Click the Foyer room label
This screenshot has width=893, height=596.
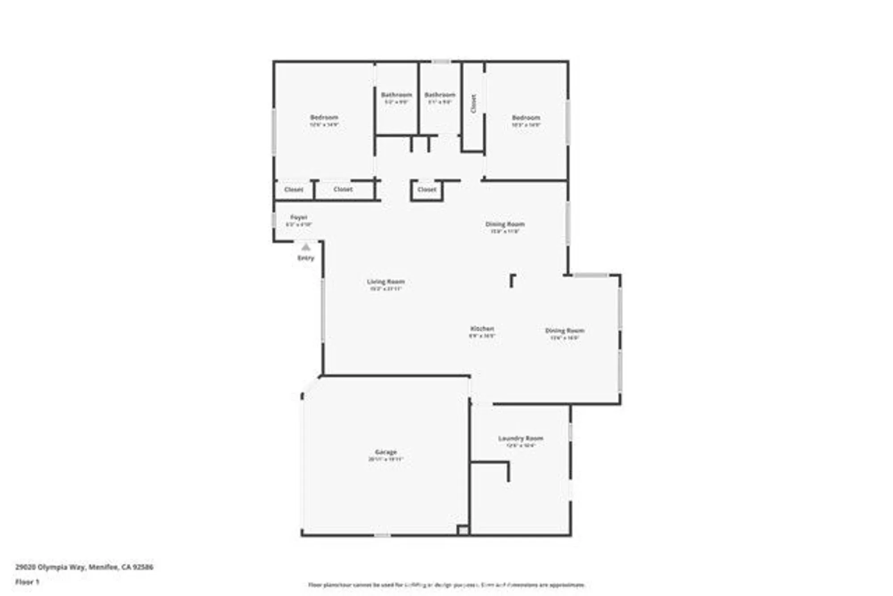[x=299, y=217]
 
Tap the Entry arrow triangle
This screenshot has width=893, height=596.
[x=305, y=247]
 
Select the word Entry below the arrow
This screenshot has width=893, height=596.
[x=306, y=258]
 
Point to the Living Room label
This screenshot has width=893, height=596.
[x=386, y=281]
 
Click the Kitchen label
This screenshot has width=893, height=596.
[x=482, y=328]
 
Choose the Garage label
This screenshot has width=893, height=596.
[x=386, y=452]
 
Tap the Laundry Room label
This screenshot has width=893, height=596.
[x=521, y=438]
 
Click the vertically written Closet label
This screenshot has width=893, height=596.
[x=473, y=104]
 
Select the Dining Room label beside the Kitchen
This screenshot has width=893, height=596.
[x=565, y=331]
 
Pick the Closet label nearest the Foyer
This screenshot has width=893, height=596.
[x=293, y=189]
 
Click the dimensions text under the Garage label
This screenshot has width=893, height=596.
[x=386, y=459]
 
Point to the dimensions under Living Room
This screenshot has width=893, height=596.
[x=386, y=289]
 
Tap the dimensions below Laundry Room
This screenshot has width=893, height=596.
[x=521, y=445]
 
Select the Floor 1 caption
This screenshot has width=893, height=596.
[x=27, y=582]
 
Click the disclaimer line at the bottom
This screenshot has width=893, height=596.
[x=446, y=585]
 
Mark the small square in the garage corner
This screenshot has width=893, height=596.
[x=463, y=530]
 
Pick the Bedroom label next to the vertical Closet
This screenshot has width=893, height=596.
[x=526, y=118]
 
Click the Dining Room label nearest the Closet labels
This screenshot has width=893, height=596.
[x=505, y=224]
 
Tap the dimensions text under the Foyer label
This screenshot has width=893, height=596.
[x=299, y=224]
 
